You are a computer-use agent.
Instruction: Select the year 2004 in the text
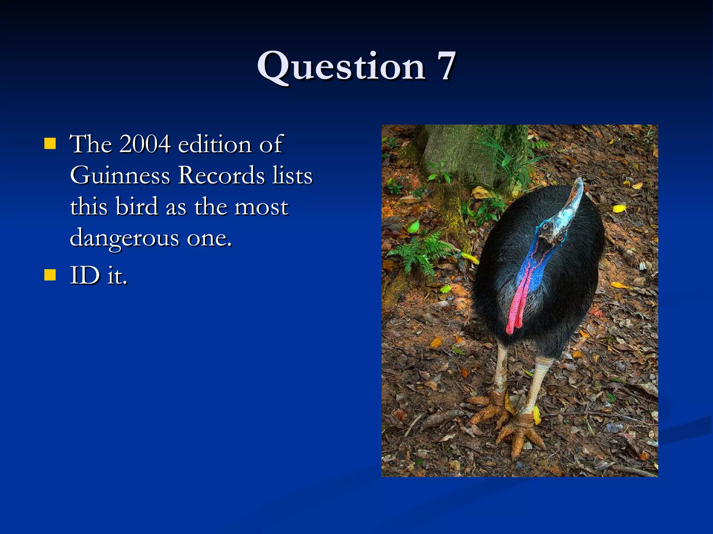point(145,144)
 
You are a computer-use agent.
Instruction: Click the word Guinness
point(120,176)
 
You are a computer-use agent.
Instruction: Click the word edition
point(214,144)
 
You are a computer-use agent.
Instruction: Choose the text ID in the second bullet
point(85,275)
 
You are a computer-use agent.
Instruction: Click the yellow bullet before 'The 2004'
point(50,143)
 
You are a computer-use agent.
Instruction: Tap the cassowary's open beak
point(544,245)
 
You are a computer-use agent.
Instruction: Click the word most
point(261,207)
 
